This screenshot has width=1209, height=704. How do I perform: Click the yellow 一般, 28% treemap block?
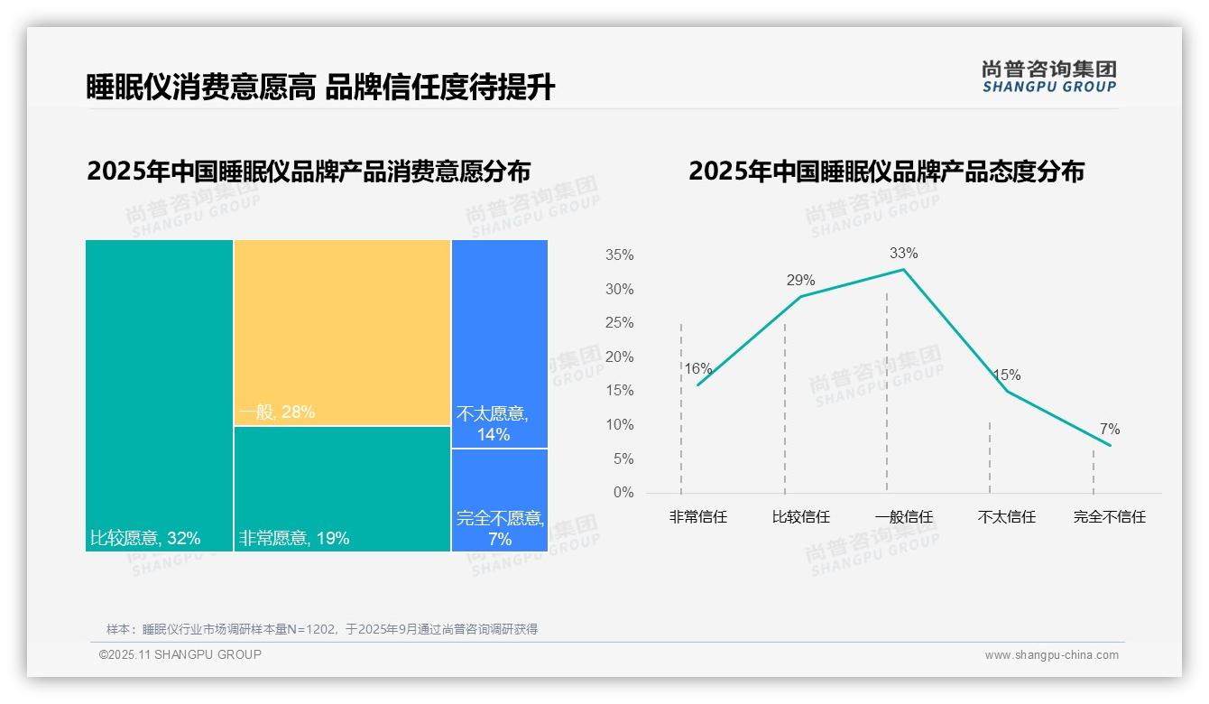[x=342, y=332]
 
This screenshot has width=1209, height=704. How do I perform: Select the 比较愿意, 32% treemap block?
[x=159, y=395]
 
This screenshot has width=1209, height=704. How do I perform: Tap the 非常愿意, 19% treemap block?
[x=342, y=488]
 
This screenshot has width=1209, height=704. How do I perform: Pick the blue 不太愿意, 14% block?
[x=499, y=343]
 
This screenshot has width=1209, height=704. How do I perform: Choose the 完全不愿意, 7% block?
[x=499, y=500]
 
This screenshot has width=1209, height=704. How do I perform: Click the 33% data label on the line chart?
[x=903, y=254]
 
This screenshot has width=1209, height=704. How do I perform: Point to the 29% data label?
[x=800, y=281]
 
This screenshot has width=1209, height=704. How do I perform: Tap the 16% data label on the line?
[x=697, y=369]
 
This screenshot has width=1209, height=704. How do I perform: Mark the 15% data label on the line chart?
[x=1006, y=375]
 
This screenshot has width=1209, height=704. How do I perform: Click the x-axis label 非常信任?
[x=697, y=517]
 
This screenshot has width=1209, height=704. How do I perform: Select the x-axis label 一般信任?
[x=903, y=517]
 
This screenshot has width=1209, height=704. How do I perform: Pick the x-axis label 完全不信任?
[x=1109, y=517]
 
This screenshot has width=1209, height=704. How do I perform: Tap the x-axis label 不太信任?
[x=1006, y=517]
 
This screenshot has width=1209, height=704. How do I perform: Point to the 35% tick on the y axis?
[x=619, y=255]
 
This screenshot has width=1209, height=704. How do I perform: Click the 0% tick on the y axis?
[x=623, y=493]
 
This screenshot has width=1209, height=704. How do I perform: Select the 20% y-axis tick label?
[x=619, y=357]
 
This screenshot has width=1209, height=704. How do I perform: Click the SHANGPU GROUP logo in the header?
[x=1048, y=77]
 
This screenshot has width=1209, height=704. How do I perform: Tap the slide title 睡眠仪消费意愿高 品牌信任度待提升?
[x=320, y=88]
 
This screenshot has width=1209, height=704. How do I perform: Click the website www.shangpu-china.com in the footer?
[x=1051, y=655]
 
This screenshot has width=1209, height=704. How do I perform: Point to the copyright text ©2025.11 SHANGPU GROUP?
[x=180, y=654]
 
